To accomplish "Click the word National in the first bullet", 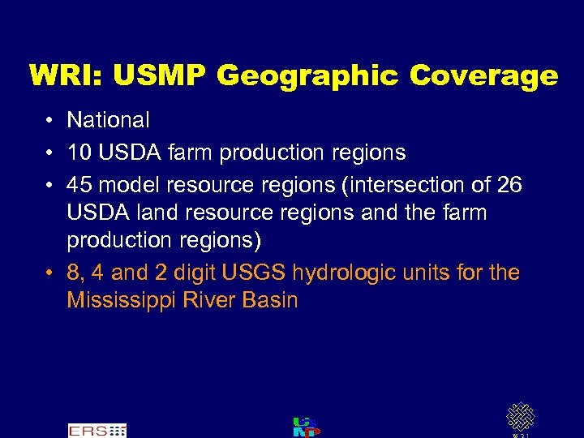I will pos(108,121).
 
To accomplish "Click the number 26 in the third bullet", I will pos(509,184).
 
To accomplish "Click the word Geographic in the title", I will pos(308,76).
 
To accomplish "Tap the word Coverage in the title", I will pos(483,76).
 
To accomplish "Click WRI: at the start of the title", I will pos(67,76).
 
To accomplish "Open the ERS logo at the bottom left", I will pos(97,430).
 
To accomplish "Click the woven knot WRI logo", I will pos(520,417).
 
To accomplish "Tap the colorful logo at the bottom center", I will pos(306,427).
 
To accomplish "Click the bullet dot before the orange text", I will pos(49,273).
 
